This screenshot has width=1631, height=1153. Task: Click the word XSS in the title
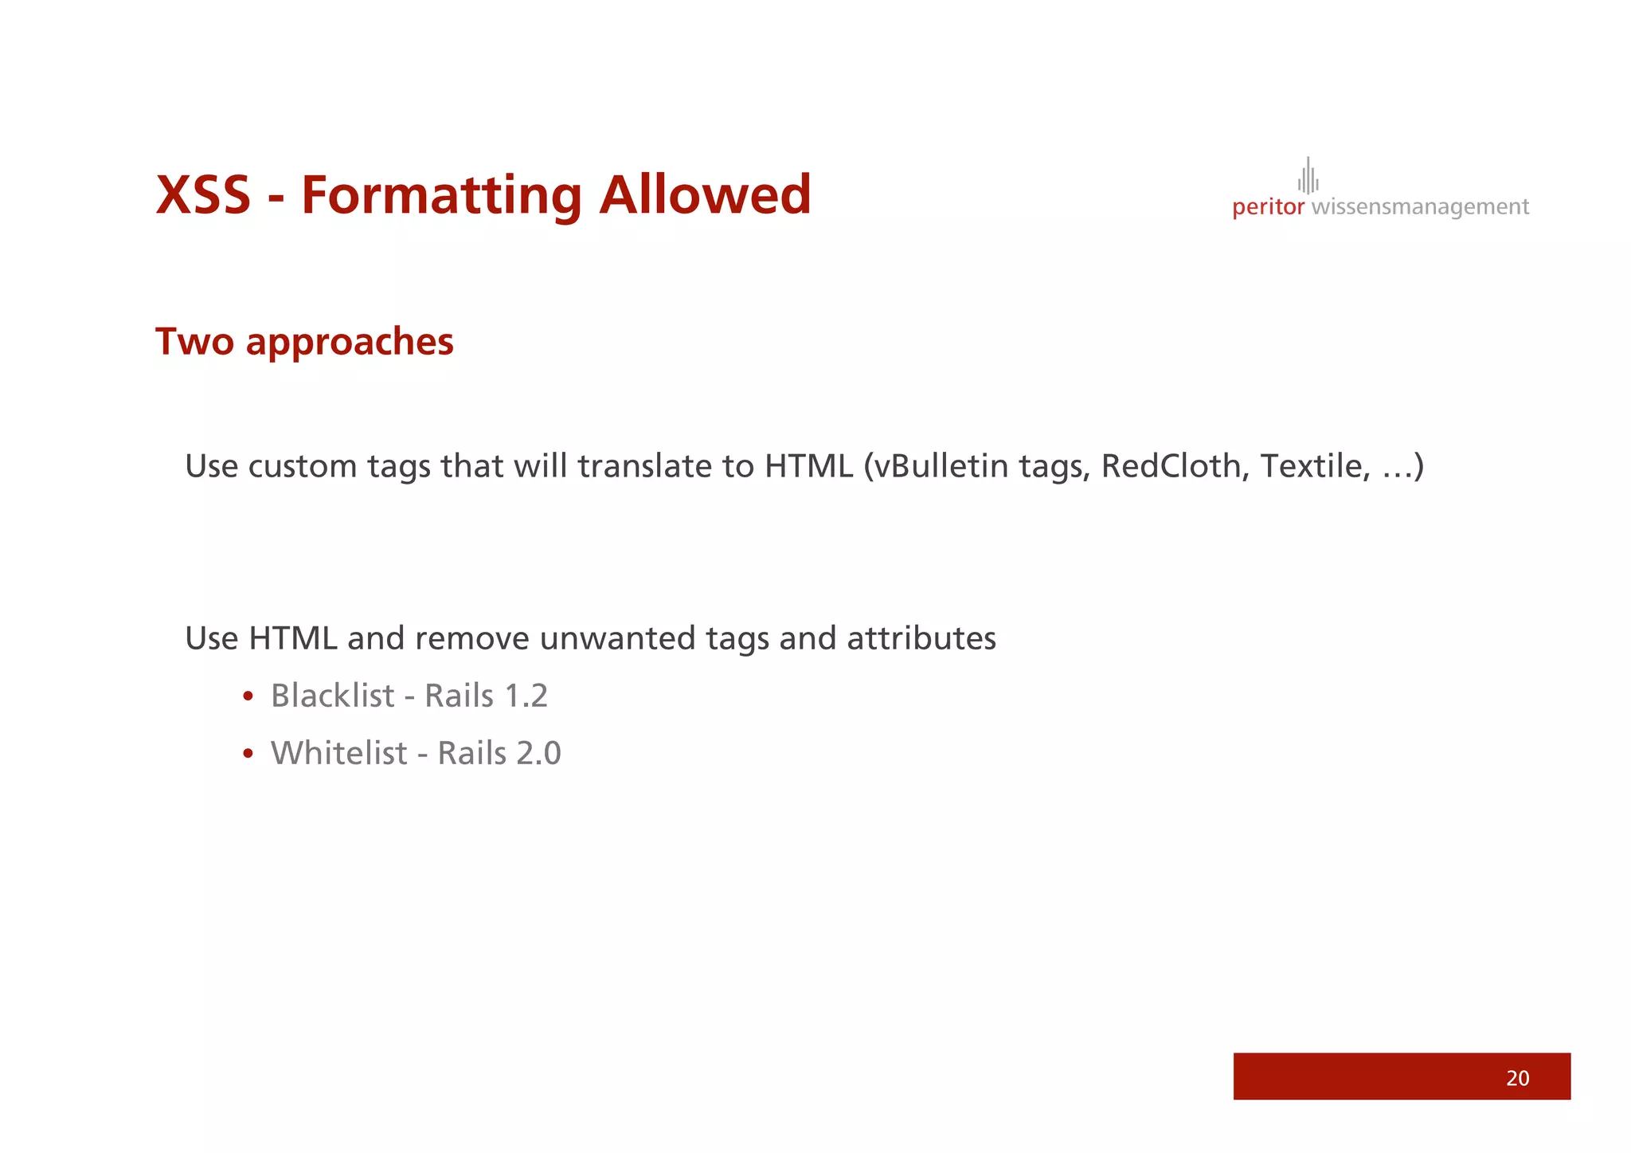coord(203,195)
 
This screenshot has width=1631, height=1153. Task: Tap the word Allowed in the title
coord(705,195)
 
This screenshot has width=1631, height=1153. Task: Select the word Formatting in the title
coord(441,197)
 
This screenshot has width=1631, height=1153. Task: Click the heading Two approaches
coord(304,342)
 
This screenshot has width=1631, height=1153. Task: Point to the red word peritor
coord(1268,207)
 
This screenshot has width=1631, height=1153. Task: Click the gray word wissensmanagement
coord(1419,207)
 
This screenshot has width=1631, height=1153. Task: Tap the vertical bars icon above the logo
coord(1308,175)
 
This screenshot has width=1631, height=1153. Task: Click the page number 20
coord(1517,1078)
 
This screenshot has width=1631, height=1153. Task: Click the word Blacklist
coord(332,696)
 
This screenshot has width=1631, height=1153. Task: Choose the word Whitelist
coord(338,753)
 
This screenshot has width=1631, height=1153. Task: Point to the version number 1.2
coord(526,696)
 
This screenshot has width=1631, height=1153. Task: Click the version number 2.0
coord(539,753)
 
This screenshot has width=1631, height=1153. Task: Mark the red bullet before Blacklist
coord(248,696)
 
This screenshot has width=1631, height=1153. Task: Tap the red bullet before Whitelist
coord(248,754)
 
